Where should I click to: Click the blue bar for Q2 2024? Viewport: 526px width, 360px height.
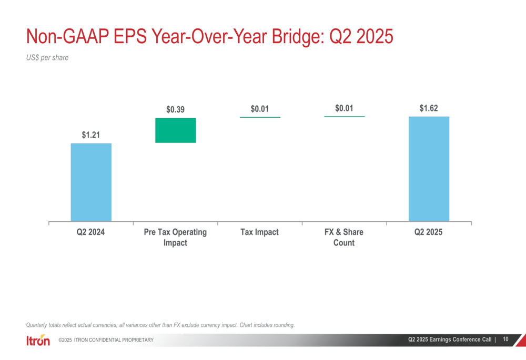click(x=91, y=182)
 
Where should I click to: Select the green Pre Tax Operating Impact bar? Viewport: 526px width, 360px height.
click(x=176, y=130)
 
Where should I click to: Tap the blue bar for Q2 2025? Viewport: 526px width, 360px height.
click(x=429, y=169)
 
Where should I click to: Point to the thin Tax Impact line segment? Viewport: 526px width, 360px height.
click(x=260, y=117)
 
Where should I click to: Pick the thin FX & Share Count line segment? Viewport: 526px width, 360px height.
click(x=344, y=116)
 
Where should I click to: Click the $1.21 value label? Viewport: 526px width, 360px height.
click(x=91, y=135)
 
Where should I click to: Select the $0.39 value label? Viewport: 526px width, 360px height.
click(x=176, y=109)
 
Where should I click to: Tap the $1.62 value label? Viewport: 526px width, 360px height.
click(x=429, y=108)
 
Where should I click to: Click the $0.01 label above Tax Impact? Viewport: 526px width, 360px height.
click(x=260, y=109)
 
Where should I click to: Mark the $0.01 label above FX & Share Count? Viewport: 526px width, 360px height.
click(x=344, y=108)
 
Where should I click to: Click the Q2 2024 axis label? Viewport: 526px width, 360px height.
click(x=91, y=232)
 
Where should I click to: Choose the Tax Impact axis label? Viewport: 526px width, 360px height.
click(x=260, y=232)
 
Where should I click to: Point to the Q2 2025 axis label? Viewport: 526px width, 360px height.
click(x=429, y=232)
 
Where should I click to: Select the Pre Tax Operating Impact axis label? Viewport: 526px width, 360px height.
click(x=176, y=237)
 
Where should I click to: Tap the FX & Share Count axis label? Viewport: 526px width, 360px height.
click(x=344, y=237)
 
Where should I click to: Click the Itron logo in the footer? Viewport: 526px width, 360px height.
click(x=38, y=341)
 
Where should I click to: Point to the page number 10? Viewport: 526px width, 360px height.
click(x=505, y=340)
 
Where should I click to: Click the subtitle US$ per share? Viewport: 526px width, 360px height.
click(x=47, y=58)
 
